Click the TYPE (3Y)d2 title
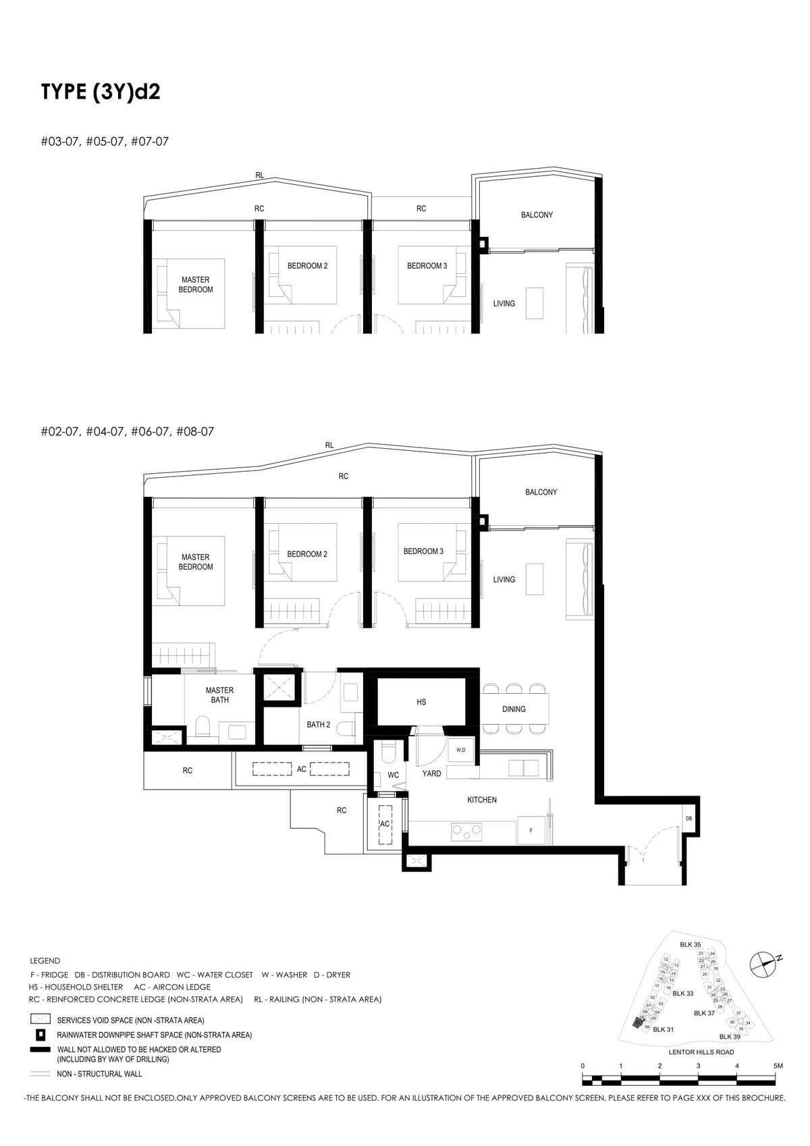point(101,92)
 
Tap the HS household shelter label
point(421,702)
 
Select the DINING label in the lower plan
point(514,709)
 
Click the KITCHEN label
point(482,800)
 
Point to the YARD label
point(431,773)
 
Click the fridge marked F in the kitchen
point(531,831)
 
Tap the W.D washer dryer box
point(461,751)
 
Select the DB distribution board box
point(688,818)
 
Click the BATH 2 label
point(318,725)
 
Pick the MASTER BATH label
point(219,694)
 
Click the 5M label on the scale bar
point(778,1065)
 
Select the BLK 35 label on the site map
point(691,945)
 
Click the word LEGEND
point(45,960)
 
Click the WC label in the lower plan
point(393,775)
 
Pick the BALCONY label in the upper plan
point(537,215)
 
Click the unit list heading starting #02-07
point(127,431)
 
